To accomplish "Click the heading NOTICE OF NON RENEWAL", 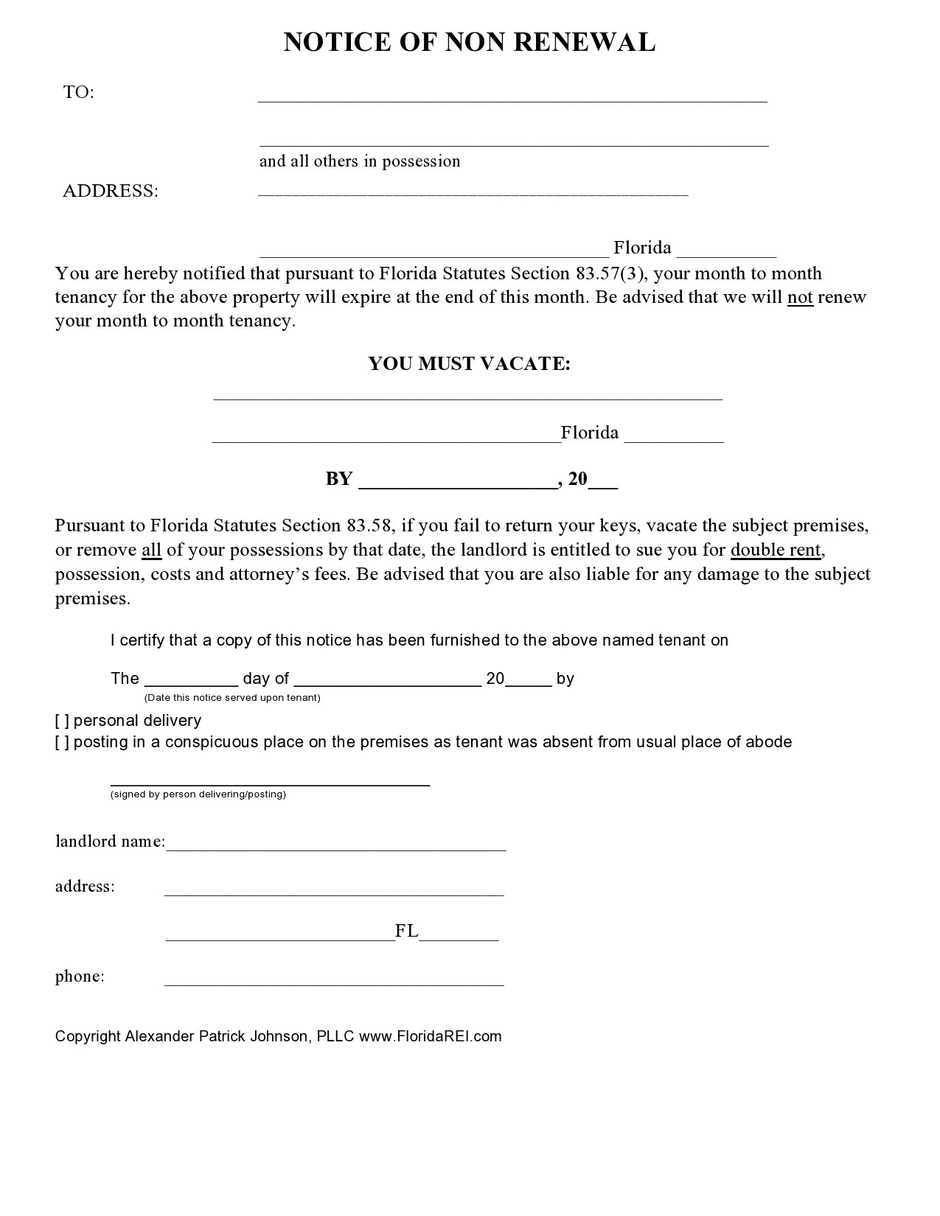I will coord(470,43).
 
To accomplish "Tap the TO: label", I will coord(79,92).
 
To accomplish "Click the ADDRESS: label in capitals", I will coord(111,191).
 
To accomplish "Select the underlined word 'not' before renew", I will coord(800,297).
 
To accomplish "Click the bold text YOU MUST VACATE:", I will coord(470,363).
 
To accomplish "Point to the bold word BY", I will coord(339,479).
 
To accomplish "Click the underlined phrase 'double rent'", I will coord(776,550).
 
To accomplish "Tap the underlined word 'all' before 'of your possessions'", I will coord(151,550).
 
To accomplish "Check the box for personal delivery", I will coord(62,721).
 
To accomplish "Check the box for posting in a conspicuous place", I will coord(62,742).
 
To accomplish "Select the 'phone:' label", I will coord(80,976).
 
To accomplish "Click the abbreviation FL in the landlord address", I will coord(406,931).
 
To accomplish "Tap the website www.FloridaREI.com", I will coord(431,1036).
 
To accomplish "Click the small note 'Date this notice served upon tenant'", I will coord(232,697).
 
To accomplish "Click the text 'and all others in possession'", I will coord(360,161).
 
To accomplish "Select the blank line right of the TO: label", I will coord(512,98).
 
